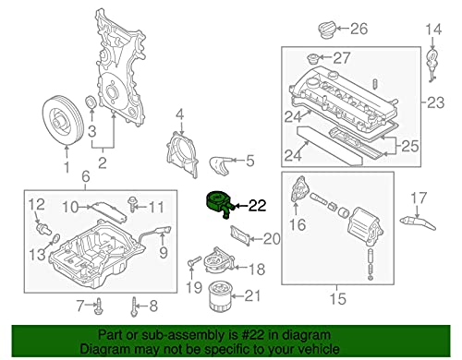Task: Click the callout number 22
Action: (x=257, y=207)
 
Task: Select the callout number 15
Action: (x=339, y=298)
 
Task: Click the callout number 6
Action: (x=85, y=176)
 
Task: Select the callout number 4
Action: (x=181, y=115)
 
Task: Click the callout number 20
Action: (x=270, y=240)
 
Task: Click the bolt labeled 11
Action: (x=135, y=204)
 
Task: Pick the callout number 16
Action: (x=298, y=223)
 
